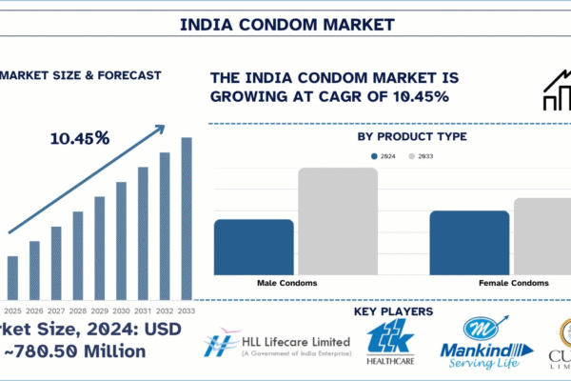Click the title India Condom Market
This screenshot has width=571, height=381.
[x=285, y=23]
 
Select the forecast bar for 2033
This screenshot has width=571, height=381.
[x=187, y=219]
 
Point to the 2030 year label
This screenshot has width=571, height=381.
[x=121, y=311]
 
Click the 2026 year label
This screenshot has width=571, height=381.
[x=34, y=311]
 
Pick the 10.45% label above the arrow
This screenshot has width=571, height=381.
[x=80, y=138]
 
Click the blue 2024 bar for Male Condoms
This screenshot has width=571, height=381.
[x=253, y=247]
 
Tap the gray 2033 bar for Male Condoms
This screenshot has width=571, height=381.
[x=338, y=221]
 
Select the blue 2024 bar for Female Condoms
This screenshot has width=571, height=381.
[x=469, y=242]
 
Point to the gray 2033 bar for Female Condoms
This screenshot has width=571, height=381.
[x=541, y=236]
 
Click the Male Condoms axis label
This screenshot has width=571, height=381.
[x=286, y=284]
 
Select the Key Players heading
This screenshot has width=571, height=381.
[x=393, y=311]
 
